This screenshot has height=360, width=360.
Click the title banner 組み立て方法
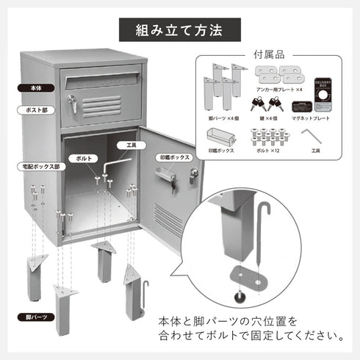tap(180, 32)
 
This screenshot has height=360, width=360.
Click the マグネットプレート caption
tap(310, 118)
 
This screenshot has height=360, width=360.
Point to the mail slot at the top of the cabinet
tap(101, 76)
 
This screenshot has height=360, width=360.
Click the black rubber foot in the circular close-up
tap(240, 297)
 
